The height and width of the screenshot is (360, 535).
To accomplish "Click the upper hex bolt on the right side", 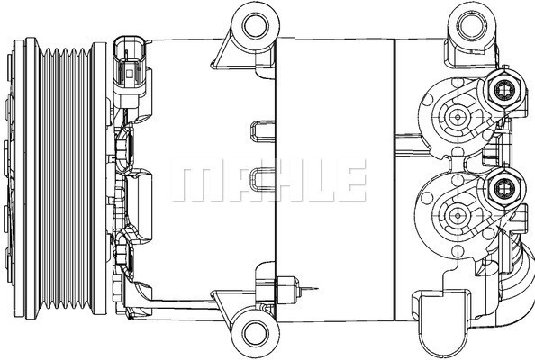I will pyautogui.click(x=504, y=89).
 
